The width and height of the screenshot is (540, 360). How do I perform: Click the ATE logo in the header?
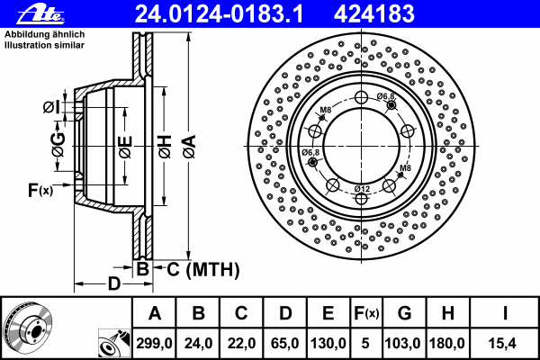pyautogui.click(x=40, y=13)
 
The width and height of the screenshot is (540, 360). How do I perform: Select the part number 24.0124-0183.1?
pyautogui.click(x=219, y=13)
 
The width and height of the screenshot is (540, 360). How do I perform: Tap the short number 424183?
pyautogui.click(x=374, y=13)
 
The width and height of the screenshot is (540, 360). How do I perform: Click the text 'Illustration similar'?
pyautogui.click(x=44, y=45)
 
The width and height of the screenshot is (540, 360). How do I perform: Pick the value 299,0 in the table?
pyautogui.click(x=154, y=343)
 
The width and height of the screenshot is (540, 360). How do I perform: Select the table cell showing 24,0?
pyautogui.click(x=198, y=343)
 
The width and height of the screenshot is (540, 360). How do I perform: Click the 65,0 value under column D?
pyautogui.click(x=284, y=343)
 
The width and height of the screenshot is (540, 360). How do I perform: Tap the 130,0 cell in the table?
pyautogui.click(x=328, y=343)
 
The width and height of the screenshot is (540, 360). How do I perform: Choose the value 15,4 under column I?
pyautogui.click(x=502, y=343)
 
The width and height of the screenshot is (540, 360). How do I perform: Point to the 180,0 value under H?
pyautogui.click(x=447, y=343)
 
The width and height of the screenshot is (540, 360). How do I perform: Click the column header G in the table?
pyautogui.click(x=404, y=313)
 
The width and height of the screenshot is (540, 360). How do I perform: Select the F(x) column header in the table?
pyautogui.click(x=366, y=313)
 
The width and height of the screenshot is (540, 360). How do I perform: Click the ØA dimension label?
pyautogui.click(x=189, y=147)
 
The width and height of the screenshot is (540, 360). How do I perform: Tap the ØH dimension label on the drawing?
pyautogui.click(x=165, y=147)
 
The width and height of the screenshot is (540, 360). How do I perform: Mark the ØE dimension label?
pyautogui.click(x=125, y=147)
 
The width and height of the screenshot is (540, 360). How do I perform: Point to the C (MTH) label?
pyautogui.click(x=202, y=269)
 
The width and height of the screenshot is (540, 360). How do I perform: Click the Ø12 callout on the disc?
pyautogui.click(x=362, y=189)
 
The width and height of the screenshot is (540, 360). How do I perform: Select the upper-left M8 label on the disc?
pyautogui.click(x=325, y=110)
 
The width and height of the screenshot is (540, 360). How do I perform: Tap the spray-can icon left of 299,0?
pyautogui.click(x=114, y=343)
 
